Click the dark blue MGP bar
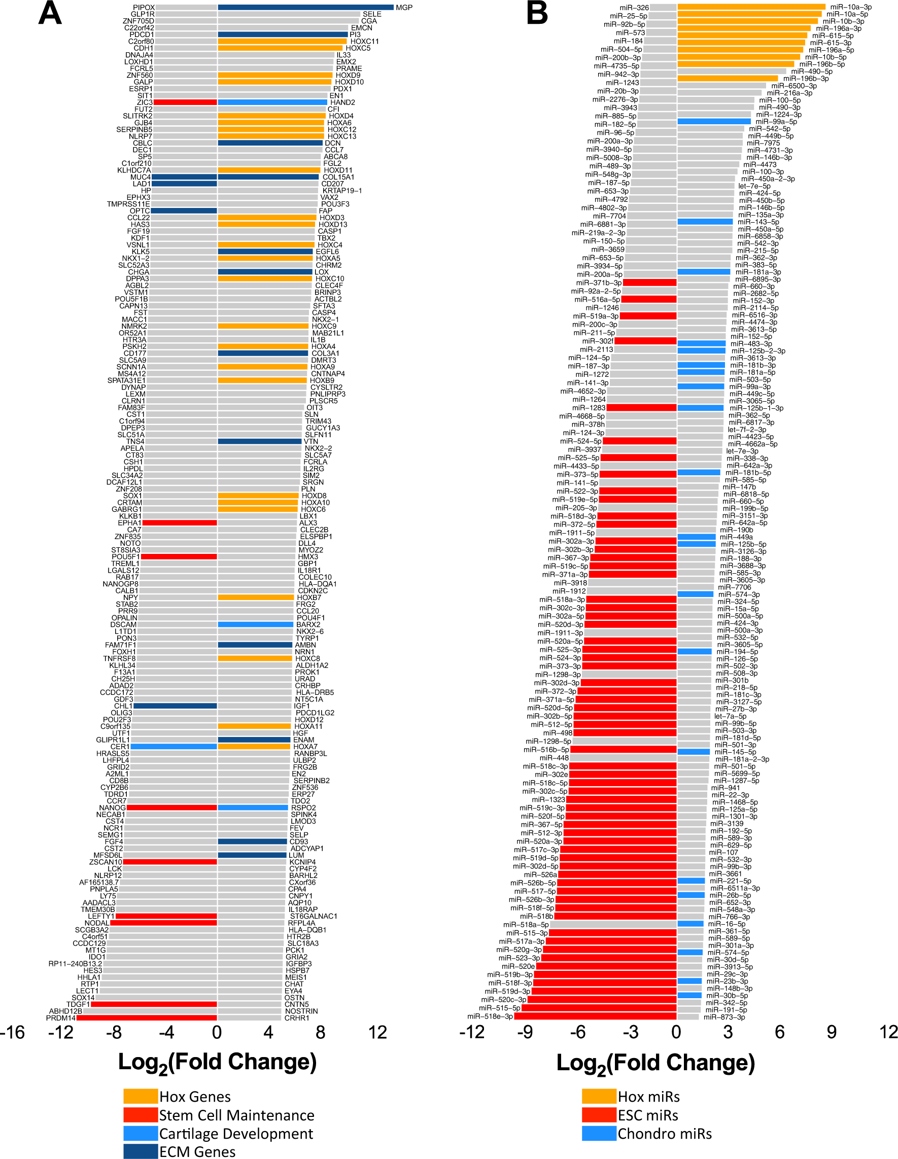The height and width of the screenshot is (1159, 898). point(305,8)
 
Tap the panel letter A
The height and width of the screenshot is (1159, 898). point(49,14)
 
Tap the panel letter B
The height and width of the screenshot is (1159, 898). point(537,14)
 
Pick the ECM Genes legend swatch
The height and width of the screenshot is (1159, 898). point(140,1151)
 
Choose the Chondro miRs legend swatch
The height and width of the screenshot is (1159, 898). point(599,1134)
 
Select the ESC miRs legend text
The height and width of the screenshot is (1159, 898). point(647,1115)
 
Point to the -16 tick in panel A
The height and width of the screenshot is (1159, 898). point(13,1033)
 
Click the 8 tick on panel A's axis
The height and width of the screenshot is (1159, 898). point(320,1033)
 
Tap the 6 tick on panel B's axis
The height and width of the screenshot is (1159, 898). point(779,1033)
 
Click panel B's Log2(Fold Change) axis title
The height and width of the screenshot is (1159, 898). point(655,1064)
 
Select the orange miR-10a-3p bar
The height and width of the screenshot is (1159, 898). point(750,7)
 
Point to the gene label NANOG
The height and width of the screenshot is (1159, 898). point(112,807)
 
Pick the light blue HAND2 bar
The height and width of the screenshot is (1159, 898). point(272,102)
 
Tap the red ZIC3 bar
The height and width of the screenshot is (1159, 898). point(185,102)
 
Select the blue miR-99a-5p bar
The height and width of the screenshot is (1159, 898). point(714,122)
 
